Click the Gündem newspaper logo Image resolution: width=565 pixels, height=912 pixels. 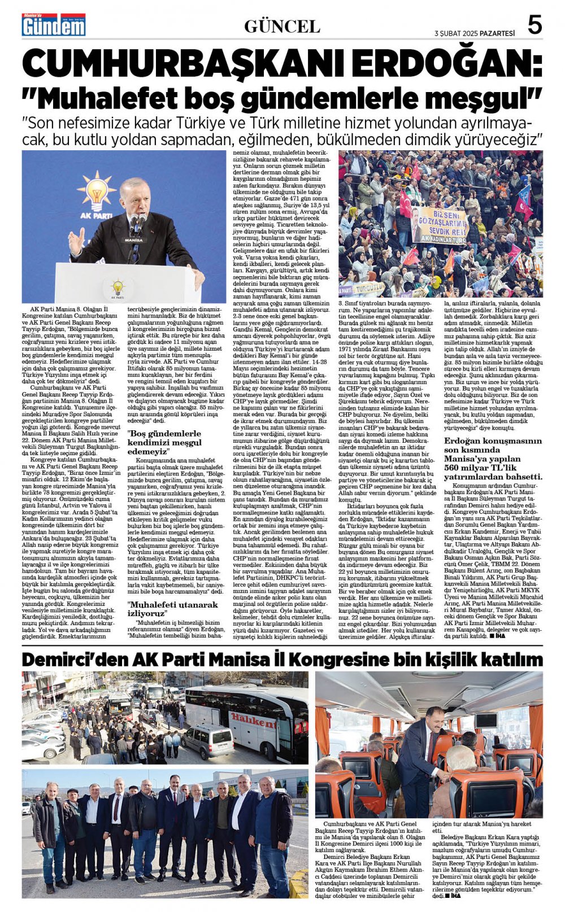[54, 25]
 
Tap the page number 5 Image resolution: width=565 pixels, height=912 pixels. [534, 25]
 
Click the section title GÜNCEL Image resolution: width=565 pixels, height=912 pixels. [282, 27]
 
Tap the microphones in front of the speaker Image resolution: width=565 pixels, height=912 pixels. [137, 225]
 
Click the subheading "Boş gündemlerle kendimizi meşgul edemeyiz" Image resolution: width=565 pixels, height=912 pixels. [164, 442]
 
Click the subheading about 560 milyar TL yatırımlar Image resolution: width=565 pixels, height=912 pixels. [493, 461]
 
